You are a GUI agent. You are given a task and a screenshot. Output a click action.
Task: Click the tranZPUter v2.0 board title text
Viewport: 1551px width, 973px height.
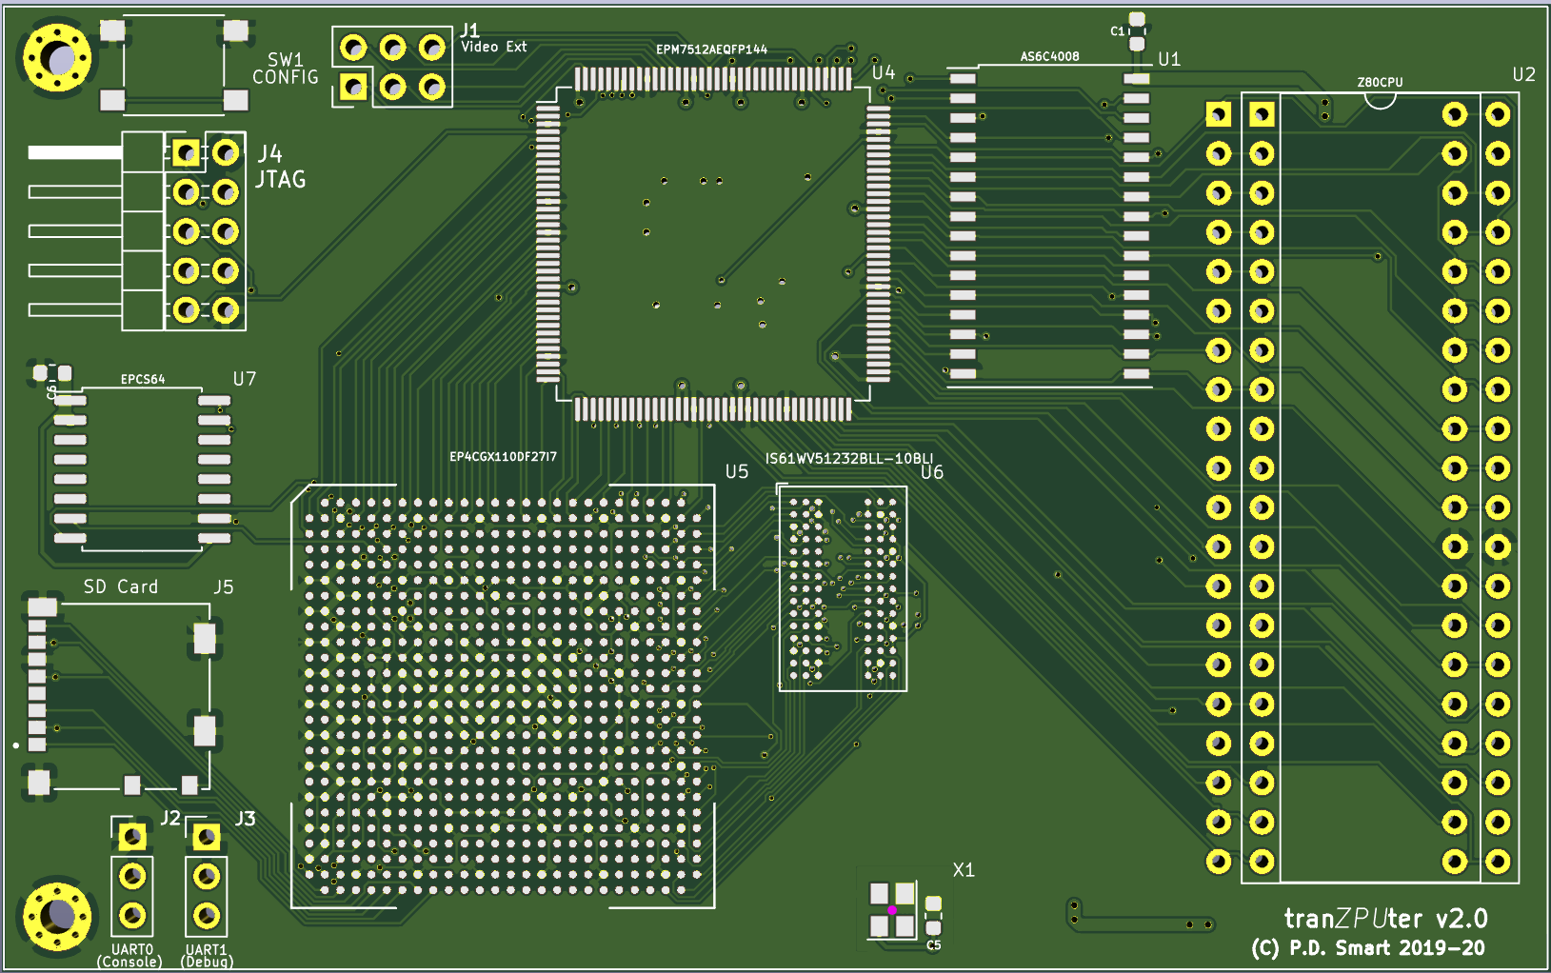point(1384,919)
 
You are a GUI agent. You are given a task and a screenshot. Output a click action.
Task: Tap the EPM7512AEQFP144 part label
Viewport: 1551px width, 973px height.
point(711,50)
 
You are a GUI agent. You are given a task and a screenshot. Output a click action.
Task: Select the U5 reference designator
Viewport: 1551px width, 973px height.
point(736,471)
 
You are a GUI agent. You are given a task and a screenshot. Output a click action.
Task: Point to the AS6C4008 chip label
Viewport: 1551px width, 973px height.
point(1049,56)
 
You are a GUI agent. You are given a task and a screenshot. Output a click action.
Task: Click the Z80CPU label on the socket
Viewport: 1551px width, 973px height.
point(1380,83)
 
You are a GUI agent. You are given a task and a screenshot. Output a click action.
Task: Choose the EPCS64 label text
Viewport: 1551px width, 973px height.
point(143,379)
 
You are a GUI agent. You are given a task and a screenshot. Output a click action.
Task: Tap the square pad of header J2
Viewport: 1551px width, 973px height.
point(132,837)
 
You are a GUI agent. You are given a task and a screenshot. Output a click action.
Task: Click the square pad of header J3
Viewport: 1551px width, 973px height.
point(207,837)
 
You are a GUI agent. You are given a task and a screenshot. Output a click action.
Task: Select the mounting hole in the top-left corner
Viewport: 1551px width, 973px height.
point(57,59)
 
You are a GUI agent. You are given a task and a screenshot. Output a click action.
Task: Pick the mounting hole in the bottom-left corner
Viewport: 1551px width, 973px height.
point(57,916)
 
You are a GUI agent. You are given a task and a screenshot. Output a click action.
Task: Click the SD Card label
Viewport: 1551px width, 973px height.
point(121,586)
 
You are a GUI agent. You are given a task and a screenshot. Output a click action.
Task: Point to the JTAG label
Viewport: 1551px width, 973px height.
point(280,179)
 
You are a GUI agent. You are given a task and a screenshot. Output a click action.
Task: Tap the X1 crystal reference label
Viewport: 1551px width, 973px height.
point(963,870)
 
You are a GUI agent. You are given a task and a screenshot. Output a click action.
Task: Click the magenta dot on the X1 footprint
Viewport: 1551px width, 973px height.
point(892,910)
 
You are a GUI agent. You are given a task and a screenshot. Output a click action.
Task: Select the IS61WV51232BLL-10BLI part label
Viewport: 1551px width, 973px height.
point(848,459)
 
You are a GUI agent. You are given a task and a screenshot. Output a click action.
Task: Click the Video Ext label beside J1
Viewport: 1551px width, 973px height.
point(493,47)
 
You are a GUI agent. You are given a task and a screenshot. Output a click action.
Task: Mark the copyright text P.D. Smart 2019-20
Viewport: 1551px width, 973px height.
point(1368,948)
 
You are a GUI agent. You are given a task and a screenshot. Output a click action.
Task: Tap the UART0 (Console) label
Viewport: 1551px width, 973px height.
point(130,955)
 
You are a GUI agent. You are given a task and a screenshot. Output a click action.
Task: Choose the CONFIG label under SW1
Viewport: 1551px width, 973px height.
point(285,77)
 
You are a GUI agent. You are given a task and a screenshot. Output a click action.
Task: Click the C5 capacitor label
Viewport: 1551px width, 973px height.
point(933,945)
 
